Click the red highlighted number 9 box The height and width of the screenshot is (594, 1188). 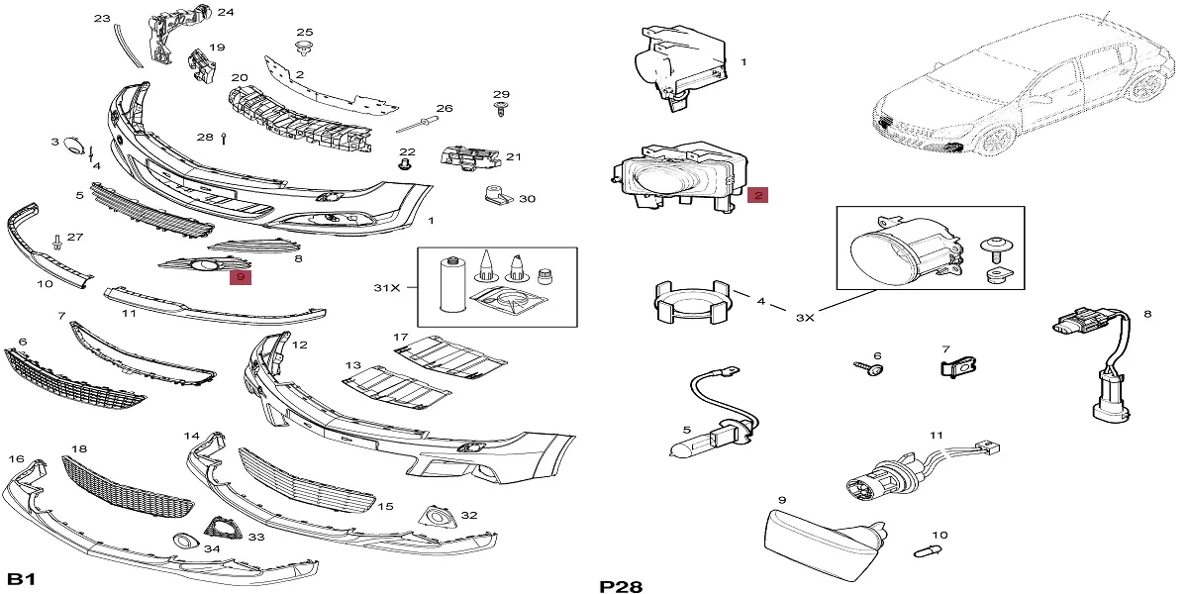241,278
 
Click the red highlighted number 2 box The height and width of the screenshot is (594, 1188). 757,195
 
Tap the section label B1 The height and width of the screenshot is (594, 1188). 22,579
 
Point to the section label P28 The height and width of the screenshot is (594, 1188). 621,586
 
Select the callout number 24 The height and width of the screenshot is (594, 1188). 226,13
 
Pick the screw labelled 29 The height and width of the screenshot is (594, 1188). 501,108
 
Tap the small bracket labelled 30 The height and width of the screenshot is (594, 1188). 495,196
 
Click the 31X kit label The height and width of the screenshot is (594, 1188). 386,287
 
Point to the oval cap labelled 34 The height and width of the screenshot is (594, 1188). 182,541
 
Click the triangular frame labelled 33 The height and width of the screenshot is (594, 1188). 224,527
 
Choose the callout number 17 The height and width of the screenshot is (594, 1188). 400,338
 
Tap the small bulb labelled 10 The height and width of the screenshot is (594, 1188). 931,548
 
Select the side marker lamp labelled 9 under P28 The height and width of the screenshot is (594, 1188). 822,542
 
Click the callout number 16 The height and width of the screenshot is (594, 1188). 16,459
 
